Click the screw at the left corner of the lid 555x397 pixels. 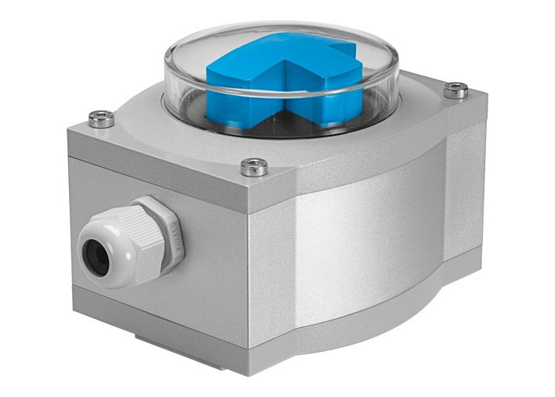pyautogui.click(x=101, y=119)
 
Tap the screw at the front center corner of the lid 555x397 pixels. pyautogui.click(x=253, y=166)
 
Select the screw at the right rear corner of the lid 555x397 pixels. pyautogui.click(x=455, y=91)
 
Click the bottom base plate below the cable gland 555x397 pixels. pyautogui.click(x=159, y=314)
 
